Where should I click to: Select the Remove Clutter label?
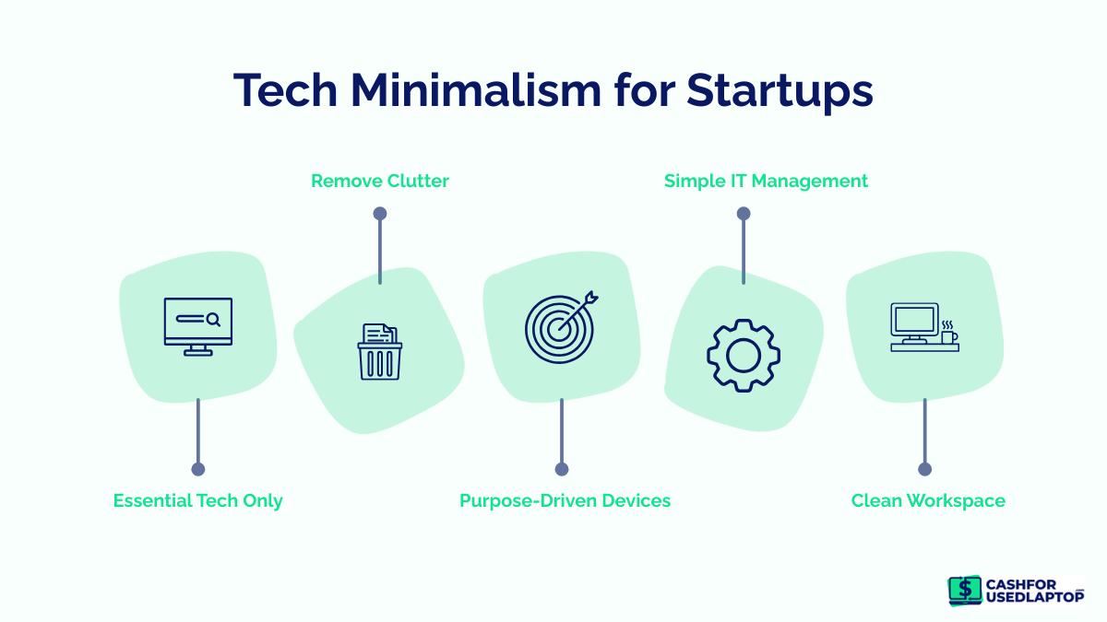pos(379,181)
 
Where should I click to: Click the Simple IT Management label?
pos(766,181)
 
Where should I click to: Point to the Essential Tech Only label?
pos(197,500)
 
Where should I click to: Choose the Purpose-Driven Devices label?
pos(565,500)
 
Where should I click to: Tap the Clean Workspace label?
pos(927,500)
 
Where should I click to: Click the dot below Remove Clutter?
pos(379,214)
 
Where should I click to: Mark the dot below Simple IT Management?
pos(743,214)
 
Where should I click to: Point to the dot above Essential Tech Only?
pos(197,469)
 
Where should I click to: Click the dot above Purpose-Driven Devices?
pos(562,469)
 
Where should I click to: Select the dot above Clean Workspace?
pos(925,469)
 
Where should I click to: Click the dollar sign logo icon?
pos(965,590)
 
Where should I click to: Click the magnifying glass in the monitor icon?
pos(213,319)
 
